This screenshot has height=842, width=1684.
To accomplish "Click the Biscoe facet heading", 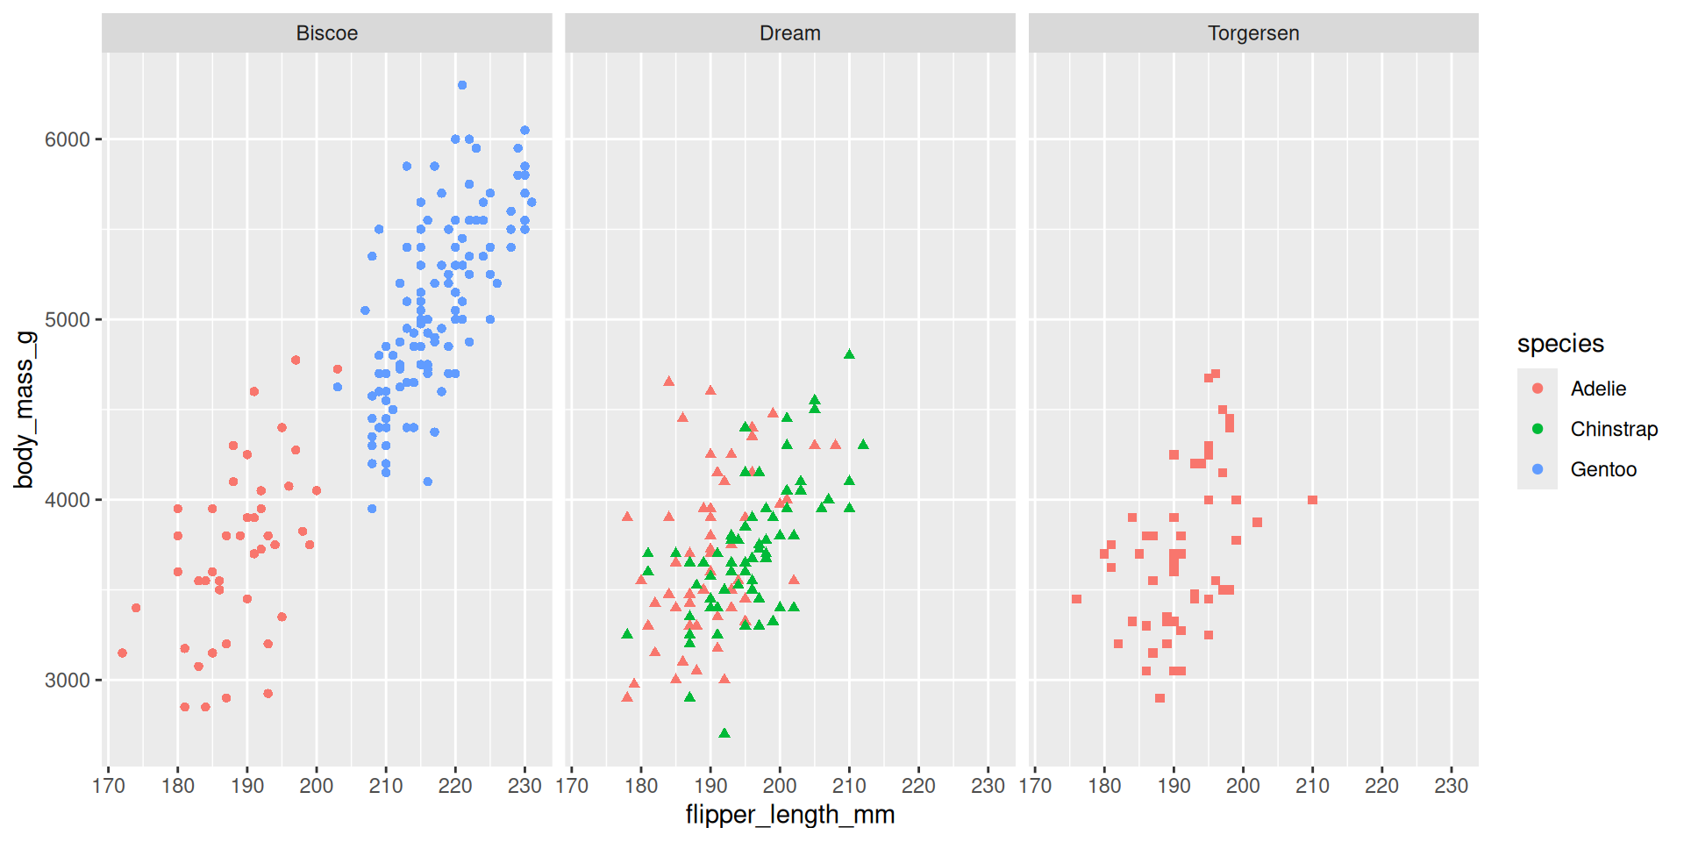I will (x=326, y=33).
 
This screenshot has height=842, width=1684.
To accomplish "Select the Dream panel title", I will (x=789, y=33).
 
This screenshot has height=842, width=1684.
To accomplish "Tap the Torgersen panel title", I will (x=1252, y=33).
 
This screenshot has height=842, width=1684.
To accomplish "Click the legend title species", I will (x=1560, y=344).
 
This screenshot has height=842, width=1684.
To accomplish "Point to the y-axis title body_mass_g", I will (x=24, y=410).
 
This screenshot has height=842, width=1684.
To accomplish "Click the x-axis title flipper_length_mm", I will (x=789, y=815).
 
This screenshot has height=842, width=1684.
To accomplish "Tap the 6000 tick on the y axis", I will (x=68, y=139).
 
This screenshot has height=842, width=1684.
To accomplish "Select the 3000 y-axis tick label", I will (x=68, y=681).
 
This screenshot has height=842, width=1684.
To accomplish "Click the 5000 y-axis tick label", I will (x=68, y=320).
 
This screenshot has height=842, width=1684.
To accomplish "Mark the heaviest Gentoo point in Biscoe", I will (x=462, y=85).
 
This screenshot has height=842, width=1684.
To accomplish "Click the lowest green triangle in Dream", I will (x=724, y=733).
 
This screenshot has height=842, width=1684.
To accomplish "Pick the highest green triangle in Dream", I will (x=849, y=354).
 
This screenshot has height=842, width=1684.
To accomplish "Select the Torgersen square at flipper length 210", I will (x=1312, y=500).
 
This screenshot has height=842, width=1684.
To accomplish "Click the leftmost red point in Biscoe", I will (x=122, y=653).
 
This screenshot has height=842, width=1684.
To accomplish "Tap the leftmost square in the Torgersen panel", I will (x=1076, y=599).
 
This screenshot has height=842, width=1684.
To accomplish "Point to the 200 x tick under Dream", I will (x=780, y=786).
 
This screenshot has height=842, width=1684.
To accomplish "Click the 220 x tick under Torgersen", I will (x=1381, y=786).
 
